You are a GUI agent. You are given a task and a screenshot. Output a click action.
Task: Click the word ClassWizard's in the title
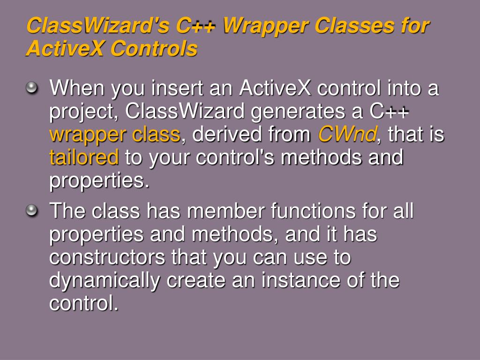tap(98, 25)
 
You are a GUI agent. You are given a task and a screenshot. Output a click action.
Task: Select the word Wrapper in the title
tap(265, 26)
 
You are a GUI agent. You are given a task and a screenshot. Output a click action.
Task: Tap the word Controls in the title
tap(154, 48)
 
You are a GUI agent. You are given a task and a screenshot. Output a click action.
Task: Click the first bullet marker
tap(31, 88)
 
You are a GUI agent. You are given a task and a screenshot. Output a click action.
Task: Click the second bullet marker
tap(31, 210)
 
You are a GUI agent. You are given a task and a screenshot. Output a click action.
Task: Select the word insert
tap(177, 88)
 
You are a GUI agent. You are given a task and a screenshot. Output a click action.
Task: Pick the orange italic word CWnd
tap(347, 134)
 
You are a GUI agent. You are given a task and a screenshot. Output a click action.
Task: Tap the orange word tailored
tap(84, 157)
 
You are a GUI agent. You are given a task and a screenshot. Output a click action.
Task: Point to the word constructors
tap(107, 257)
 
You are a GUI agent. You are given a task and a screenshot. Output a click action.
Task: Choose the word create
tap(196, 280)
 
